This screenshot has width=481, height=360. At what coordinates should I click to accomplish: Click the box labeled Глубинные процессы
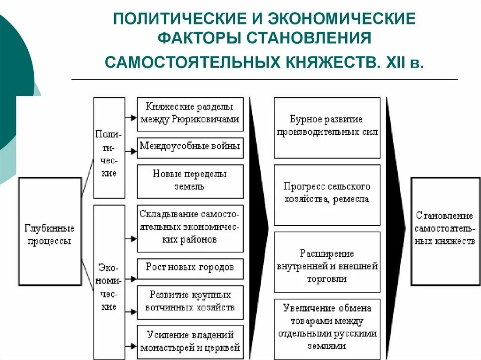49,231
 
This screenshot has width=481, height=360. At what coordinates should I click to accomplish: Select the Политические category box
109,147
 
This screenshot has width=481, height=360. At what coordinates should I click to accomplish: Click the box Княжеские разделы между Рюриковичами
190,114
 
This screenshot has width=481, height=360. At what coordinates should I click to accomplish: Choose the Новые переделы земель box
190,181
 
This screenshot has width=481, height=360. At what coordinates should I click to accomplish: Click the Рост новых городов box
190,268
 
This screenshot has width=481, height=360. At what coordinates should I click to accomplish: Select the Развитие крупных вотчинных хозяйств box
190,302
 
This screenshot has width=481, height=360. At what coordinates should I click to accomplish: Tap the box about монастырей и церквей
190,341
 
